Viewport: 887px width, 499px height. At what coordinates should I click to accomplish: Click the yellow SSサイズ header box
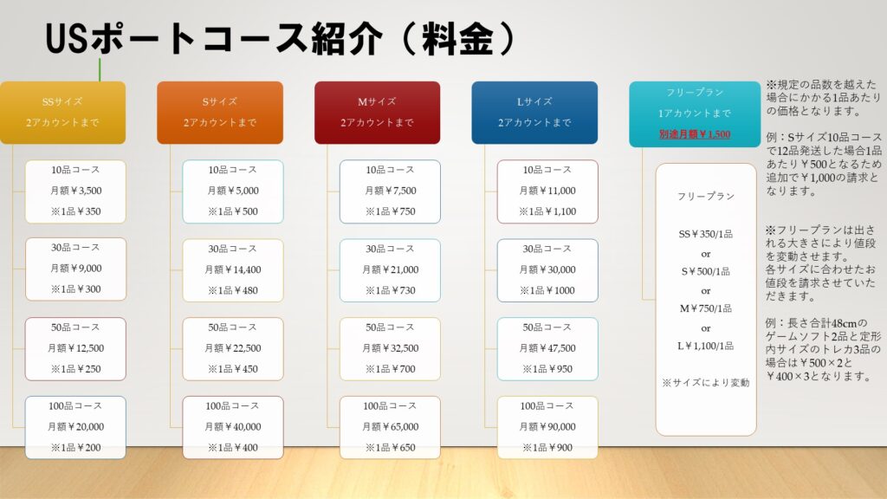(62, 112)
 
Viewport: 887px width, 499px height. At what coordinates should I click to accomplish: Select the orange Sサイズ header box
(220, 112)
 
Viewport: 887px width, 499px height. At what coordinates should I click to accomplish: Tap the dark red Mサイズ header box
(378, 112)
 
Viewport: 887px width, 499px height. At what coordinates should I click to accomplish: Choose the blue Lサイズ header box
(534, 112)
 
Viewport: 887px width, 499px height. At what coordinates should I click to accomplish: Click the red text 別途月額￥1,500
(695, 134)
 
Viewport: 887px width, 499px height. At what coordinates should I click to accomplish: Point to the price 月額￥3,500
(76, 191)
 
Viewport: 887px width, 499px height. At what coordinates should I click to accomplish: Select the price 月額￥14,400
(232, 270)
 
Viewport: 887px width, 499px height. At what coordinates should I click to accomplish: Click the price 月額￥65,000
(391, 426)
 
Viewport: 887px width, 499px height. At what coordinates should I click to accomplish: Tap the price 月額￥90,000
(547, 426)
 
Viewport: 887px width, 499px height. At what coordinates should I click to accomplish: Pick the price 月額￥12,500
(76, 348)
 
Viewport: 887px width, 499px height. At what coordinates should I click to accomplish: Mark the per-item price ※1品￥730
(391, 290)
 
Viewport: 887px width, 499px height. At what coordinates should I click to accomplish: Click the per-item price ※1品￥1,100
(547, 211)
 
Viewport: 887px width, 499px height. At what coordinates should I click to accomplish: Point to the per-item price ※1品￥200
(76, 448)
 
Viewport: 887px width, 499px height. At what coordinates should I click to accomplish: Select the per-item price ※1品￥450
(232, 369)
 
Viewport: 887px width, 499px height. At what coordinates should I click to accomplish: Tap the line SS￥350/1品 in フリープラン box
(705, 234)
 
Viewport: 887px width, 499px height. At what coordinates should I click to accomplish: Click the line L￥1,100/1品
(705, 346)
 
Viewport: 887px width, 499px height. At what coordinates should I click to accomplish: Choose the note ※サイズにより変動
(705, 383)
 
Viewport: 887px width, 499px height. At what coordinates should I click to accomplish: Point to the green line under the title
(100, 69)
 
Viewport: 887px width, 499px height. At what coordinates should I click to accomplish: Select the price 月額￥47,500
(547, 348)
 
